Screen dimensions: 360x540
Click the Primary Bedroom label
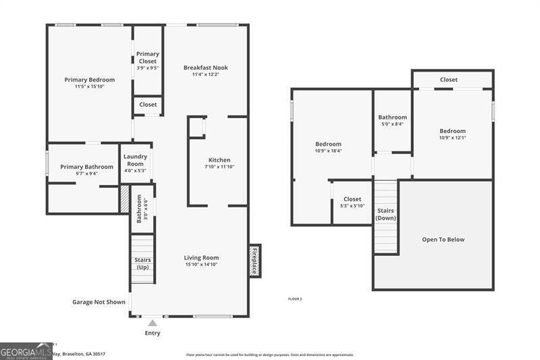pos(89,80)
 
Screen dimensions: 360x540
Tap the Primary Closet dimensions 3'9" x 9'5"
pos(147,68)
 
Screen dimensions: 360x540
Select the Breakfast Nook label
pos(205,68)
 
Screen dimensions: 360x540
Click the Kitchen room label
pos(219,160)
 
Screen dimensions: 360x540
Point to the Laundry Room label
pos(135,160)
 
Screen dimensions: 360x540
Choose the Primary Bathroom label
pos(86,167)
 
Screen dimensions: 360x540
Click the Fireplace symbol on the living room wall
pos(254,260)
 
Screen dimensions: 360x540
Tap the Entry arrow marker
pos(153,323)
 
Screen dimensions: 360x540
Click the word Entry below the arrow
pos(153,333)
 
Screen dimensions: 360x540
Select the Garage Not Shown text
pos(99,302)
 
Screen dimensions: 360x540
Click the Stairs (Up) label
pos(142,263)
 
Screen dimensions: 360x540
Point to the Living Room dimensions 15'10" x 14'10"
pos(201,265)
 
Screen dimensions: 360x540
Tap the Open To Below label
pos(443,239)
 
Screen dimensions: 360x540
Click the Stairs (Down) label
pos(385,214)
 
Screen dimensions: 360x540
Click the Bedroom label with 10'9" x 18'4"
pos(328,144)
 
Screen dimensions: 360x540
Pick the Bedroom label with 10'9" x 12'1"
pos(452,131)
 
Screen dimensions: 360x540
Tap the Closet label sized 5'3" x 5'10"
pos(352,199)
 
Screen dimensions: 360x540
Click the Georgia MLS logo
pos(26,351)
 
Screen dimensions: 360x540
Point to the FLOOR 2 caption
pos(294,299)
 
